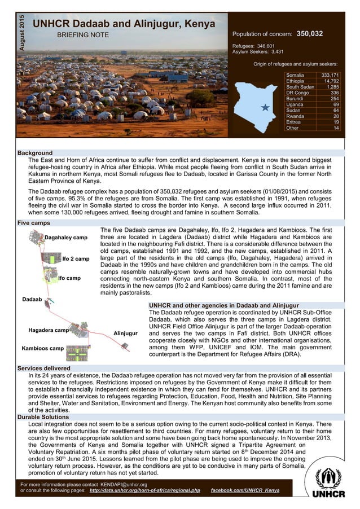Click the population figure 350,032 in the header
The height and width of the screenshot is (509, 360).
[x=309, y=34]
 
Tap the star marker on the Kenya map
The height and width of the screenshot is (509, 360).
[x=265, y=107]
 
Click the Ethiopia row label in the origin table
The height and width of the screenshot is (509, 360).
[x=296, y=81]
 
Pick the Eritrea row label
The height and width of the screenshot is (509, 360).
[x=293, y=122]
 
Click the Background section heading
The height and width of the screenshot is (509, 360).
[x=35, y=153]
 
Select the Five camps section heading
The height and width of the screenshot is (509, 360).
[x=34, y=223]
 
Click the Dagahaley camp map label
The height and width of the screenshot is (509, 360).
[x=66, y=238]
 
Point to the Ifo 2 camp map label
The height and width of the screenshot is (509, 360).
[x=76, y=259]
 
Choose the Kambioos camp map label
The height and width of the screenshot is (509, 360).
[x=43, y=348]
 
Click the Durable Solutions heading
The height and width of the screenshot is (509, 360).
[x=43, y=416]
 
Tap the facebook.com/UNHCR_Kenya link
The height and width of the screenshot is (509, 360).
[x=244, y=490]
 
